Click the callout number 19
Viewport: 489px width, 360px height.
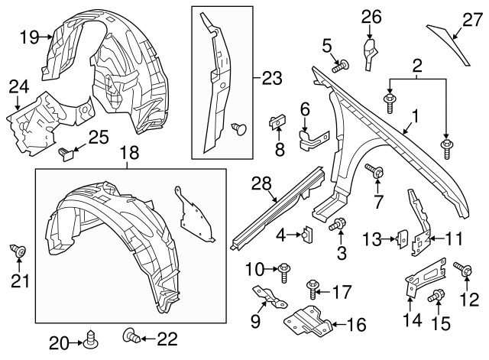tap(28, 36)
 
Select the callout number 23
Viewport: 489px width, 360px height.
tap(272, 79)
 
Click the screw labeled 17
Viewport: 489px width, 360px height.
tap(312, 288)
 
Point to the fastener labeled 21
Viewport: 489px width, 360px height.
tap(21, 251)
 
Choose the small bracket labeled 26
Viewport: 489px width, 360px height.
tap(369, 53)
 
